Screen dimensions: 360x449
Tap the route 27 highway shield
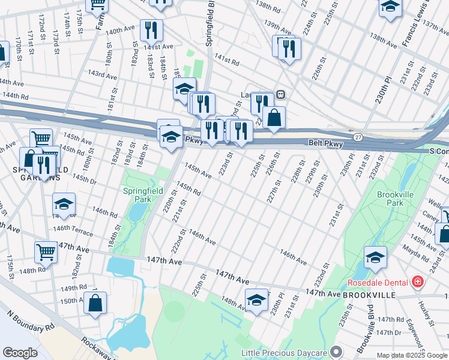pos(358,137)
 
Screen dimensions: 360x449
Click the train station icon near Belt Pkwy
pos(280,94)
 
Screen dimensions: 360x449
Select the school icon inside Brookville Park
pos(375,257)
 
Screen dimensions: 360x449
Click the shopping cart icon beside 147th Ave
pos(46,253)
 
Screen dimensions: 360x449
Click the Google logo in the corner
pos(20,353)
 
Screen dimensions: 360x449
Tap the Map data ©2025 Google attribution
pos(411,355)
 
